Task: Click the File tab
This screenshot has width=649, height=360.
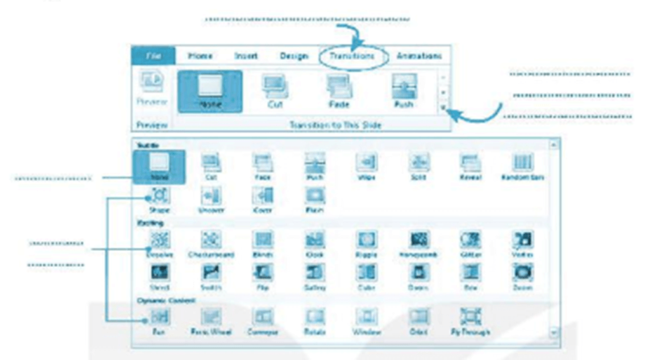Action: click(153, 56)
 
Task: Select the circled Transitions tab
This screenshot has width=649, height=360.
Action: click(352, 57)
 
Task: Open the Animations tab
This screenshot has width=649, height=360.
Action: click(418, 56)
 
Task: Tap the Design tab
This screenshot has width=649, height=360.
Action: click(294, 56)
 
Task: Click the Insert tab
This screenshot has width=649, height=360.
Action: click(246, 56)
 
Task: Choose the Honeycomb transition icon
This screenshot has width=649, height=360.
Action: click(420, 239)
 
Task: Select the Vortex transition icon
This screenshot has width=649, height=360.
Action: click(523, 239)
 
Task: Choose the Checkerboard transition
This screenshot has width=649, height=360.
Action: click(211, 239)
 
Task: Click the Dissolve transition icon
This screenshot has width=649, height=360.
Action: click(159, 239)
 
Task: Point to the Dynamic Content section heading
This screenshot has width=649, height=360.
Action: click(159, 300)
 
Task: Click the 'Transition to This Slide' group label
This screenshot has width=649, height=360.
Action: click(335, 125)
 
